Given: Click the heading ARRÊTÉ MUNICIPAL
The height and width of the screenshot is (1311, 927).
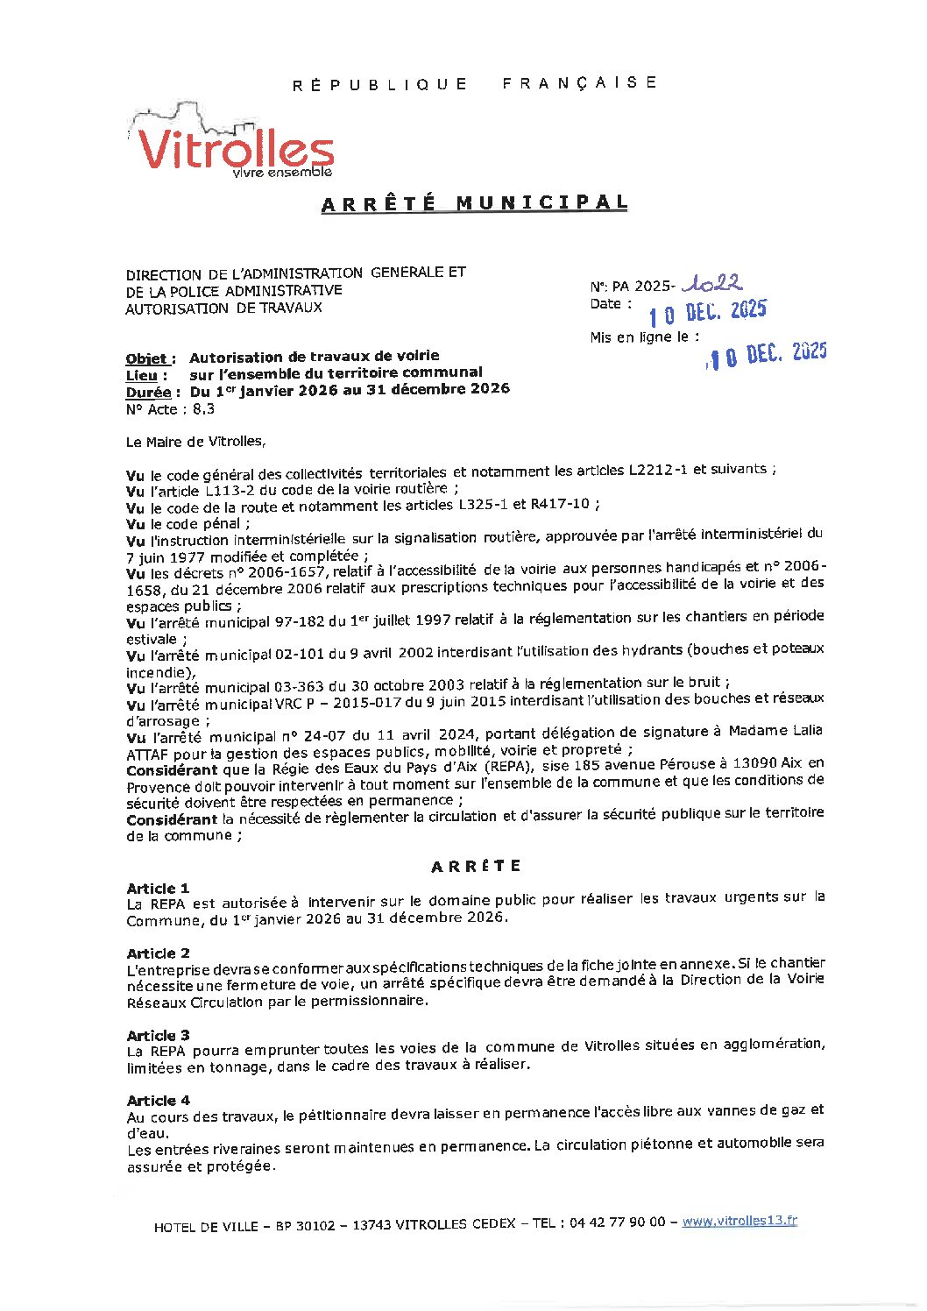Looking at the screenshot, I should tap(474, 203).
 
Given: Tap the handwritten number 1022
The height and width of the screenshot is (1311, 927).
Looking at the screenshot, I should tap(713, 283).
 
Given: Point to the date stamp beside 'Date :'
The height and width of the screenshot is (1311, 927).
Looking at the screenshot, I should tap(707, 312).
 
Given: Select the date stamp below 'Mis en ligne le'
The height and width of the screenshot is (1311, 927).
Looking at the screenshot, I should tap(767, 354).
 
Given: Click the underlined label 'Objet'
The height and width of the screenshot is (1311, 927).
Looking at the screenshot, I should tap(150, 358).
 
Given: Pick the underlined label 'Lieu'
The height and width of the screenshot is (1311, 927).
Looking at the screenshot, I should tap(146, 375).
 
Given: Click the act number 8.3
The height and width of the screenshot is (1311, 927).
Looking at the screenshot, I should tap(203, 409).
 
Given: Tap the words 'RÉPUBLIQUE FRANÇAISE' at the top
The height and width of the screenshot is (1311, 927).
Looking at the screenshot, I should tap(474, 84).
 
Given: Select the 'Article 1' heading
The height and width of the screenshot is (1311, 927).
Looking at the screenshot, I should tap(158, 888).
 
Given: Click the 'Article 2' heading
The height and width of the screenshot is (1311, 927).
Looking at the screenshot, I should tap(158, 953).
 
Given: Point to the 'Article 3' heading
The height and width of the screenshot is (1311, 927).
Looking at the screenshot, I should tap(158, 1035).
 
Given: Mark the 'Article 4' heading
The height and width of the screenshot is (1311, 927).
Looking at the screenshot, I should tap(158, 1100).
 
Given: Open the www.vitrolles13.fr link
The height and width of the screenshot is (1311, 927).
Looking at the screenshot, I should tap(739, 1221).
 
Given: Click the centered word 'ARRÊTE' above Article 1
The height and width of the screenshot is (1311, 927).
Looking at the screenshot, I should tap(476, 866).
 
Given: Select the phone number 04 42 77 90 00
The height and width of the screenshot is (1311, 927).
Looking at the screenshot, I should tap(617, 1222).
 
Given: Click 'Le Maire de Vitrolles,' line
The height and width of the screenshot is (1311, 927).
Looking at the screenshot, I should tap(195, 442).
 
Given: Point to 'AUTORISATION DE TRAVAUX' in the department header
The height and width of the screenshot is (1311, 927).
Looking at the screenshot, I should tap(223, 308).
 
